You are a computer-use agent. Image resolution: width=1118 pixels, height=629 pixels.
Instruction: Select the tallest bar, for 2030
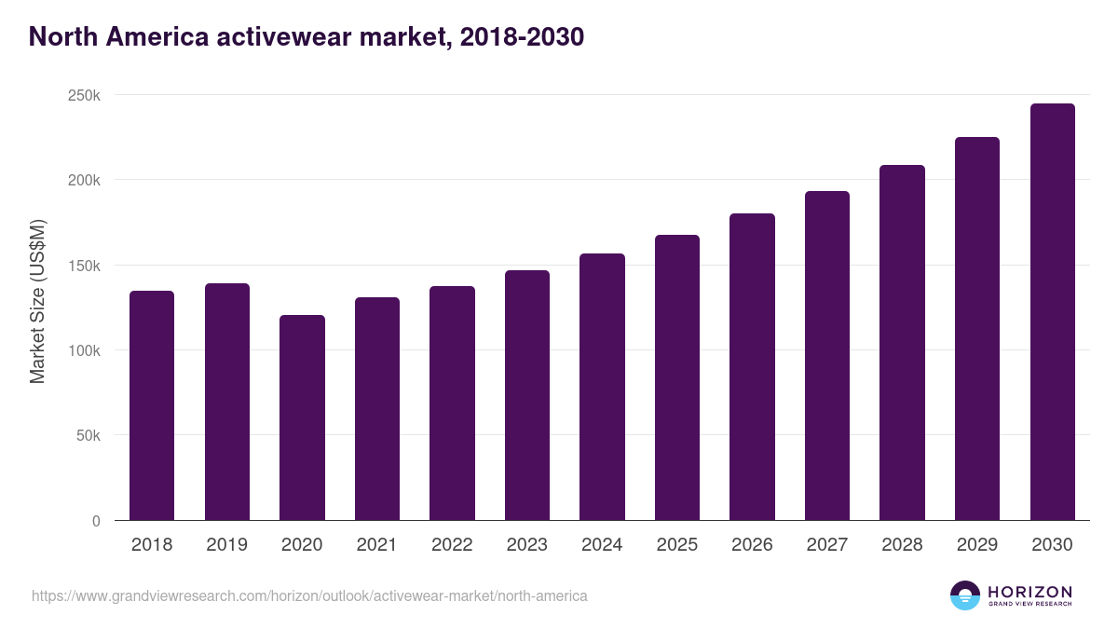point(1052,312)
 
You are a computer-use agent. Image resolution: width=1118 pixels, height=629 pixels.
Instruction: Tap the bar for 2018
point(152,405)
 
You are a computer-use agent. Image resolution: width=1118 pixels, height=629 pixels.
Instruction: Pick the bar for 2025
point(676,377)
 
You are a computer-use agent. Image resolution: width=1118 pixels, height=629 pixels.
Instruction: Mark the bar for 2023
point(526,395)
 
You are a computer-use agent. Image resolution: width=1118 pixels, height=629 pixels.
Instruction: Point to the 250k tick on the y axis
point(83,95)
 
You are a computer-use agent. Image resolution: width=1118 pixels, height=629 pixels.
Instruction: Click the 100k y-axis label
point(83,350)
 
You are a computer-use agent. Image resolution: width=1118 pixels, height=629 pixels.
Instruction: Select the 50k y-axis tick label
point(87,435)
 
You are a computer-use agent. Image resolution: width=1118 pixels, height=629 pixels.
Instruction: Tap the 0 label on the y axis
point(96,521)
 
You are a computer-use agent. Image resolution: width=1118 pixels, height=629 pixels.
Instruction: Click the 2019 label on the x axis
point(226,545)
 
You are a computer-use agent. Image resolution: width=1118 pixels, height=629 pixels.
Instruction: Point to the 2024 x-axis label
point(602,545)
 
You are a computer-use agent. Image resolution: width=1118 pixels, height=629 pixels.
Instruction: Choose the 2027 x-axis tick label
point(826,545)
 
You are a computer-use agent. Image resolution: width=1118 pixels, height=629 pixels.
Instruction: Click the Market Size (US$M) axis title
point(37,300)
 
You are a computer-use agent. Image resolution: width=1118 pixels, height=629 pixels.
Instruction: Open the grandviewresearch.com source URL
point(309,595)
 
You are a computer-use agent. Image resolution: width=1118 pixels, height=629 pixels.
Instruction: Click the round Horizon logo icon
point(964,595)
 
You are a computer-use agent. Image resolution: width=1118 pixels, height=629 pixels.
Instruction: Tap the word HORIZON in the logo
point(1029,591)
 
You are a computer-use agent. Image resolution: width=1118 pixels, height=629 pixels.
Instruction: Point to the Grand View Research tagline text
point(1029,605)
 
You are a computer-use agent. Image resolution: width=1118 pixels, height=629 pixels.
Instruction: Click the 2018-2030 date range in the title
point(521,36)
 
